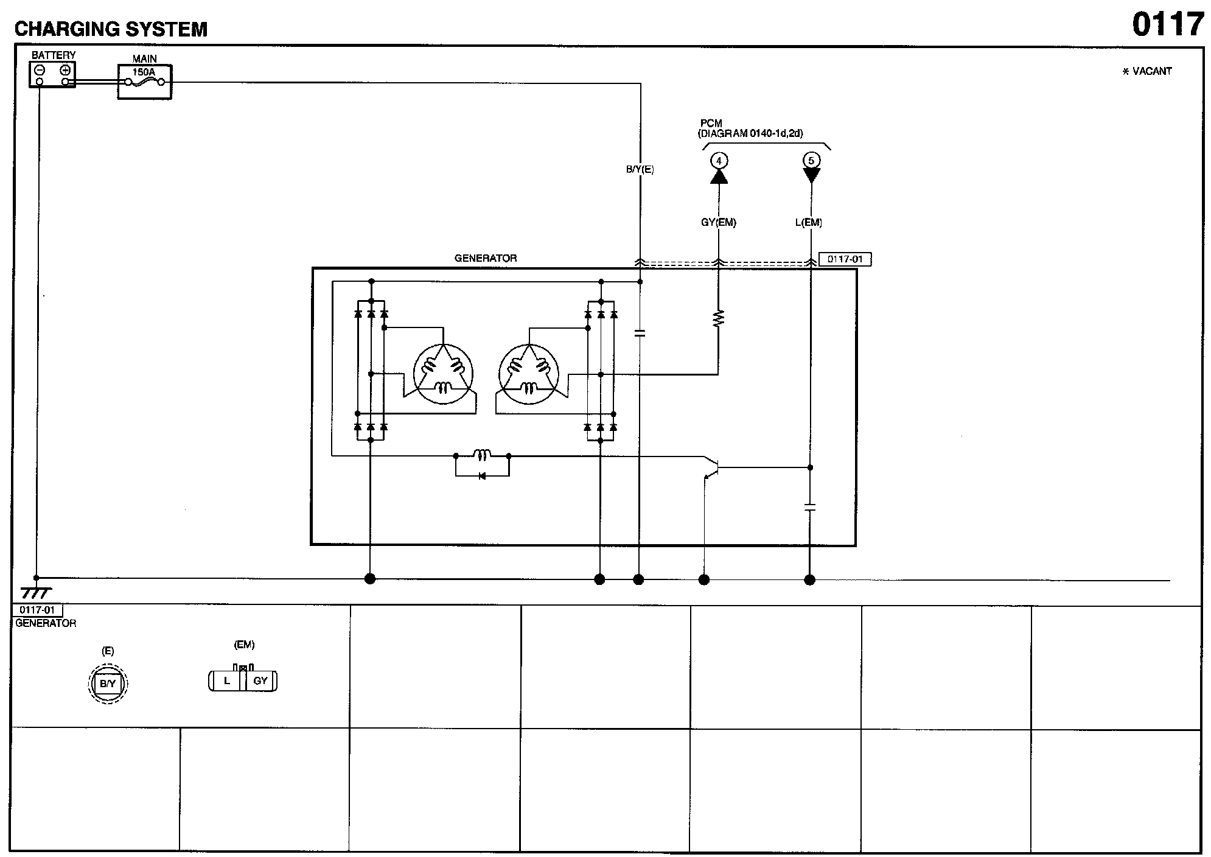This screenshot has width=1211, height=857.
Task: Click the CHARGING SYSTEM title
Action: tap(111, 29)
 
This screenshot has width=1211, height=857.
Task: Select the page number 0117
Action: tap(1168, 25)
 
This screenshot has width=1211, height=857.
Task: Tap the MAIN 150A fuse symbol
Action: tap(145, 82)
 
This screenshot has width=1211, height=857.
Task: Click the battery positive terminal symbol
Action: tap(65, 70)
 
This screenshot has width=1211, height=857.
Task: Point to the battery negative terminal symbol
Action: tap(40, 70)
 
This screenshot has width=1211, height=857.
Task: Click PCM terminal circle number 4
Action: tap(719, 161)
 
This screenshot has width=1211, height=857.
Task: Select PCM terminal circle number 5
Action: tap(811, 161)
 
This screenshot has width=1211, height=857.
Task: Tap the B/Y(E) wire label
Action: tap(640, 170)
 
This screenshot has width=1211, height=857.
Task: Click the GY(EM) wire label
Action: tap(719, 223)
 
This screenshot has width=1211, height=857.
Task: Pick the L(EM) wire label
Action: tap(808, 223)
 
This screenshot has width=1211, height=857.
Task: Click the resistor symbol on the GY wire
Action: tap(719, 319)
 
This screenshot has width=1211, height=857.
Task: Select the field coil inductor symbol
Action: tap(483, 455)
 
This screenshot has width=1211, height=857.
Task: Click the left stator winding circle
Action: tap(442, 373)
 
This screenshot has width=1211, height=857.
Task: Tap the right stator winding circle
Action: tap(528, 373)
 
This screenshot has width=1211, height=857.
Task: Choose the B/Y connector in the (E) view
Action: tap(108, 684)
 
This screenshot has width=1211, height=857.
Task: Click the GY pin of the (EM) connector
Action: tap(260, 680)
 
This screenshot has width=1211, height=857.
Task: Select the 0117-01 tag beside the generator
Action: tap(845, 259)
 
